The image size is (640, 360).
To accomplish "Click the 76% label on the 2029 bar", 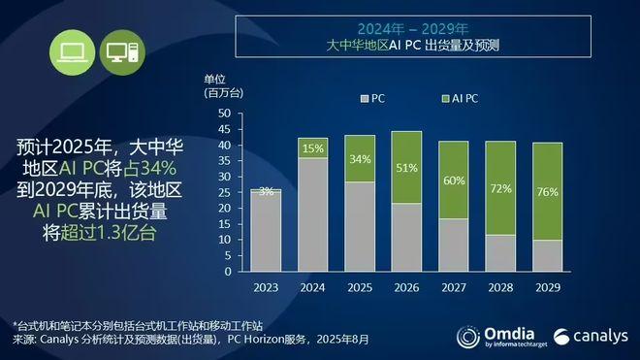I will pyautogui.click(x=547, y=192).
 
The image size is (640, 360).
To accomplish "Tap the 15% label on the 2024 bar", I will pyautogui.click(x=313, y=148).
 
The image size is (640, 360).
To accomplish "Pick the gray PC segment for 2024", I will pyautogui.click(x=313, y=214).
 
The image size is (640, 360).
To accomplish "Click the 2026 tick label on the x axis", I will pyautogui.click(x=406, y=287).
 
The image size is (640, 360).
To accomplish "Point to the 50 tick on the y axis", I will pyautogui.click(x=224, y=114).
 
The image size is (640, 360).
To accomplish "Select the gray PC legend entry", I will pyautogui.click(x=374, y=98).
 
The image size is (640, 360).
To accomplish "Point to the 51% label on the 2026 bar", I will pyautogui.click(x=406, y=167).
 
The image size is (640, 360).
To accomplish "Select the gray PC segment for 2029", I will pyautogui.click(x=547, y=255).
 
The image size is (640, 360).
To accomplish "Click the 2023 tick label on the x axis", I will pyautogui.click(x=267, y=287).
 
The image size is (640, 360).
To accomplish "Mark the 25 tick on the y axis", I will pyautogui.click(x=224, y=192).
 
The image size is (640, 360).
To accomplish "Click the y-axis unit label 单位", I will pyautogui.click(x=214, y=78).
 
